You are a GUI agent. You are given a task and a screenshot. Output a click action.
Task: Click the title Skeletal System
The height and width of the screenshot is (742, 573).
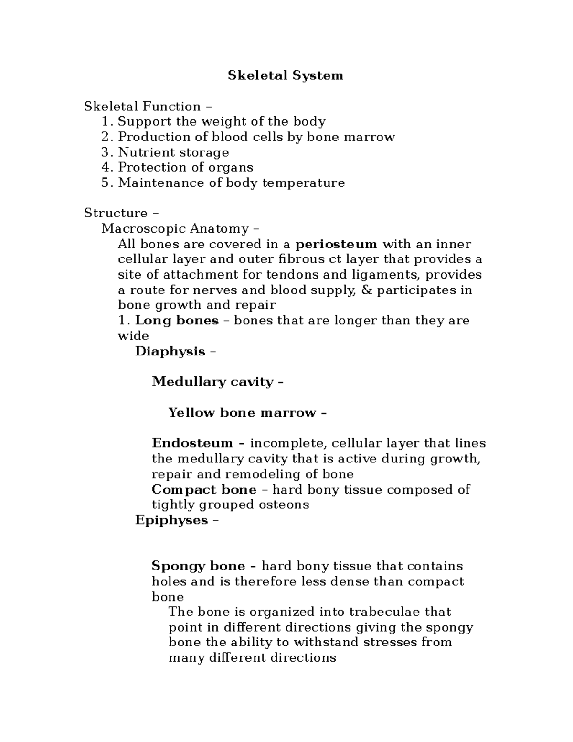point(285,75)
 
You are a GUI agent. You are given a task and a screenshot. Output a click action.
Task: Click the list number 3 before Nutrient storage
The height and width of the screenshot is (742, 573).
point(106,152)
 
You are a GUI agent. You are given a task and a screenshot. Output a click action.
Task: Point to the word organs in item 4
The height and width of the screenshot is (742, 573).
point(231,168)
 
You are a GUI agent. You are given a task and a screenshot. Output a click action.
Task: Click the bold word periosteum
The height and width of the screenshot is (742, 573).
point(336,245)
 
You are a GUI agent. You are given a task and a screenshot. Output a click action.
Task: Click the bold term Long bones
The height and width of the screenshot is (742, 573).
point(177,321)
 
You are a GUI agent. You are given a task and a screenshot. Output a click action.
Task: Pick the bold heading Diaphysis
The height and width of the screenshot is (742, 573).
point(170,352)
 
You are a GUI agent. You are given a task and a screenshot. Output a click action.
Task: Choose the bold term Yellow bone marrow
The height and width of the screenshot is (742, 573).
point(242,413)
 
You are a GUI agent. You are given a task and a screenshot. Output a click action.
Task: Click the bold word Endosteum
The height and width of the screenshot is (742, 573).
point(192,443)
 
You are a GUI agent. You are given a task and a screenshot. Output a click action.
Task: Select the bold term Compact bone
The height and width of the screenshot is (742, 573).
point(203,490)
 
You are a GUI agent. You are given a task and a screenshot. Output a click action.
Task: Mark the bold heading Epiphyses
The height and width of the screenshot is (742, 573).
point(171,520)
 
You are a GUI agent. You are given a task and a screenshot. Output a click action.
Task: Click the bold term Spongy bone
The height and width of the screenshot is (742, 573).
point(198,566)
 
